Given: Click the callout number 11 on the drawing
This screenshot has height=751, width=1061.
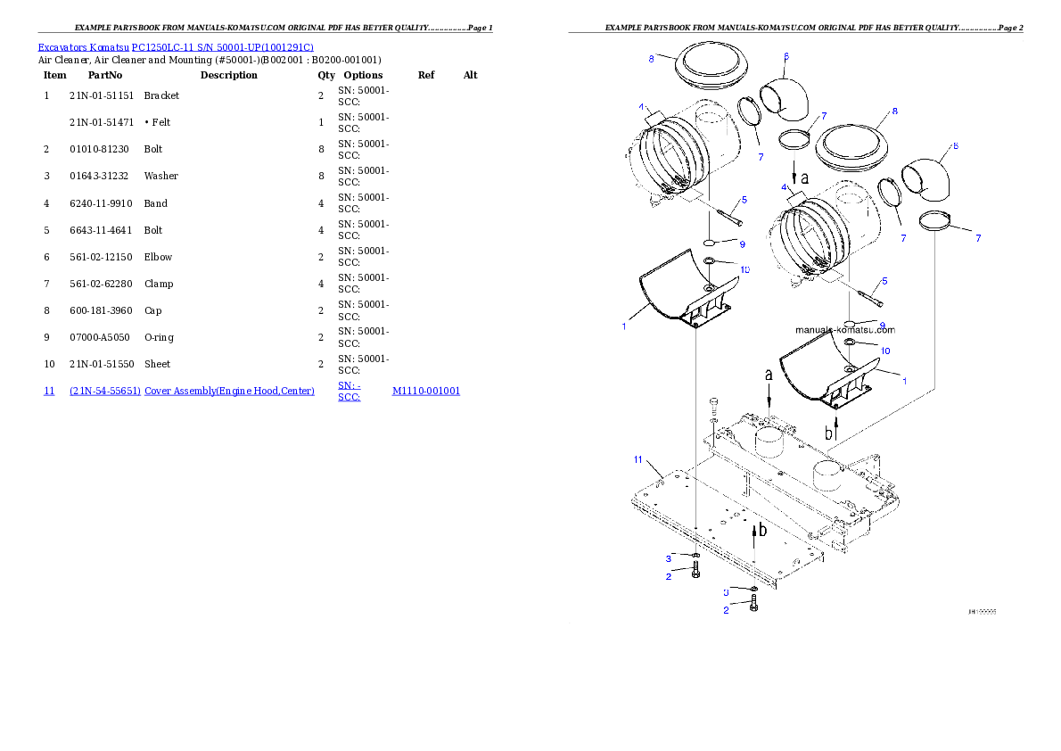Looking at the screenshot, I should click(637, 459).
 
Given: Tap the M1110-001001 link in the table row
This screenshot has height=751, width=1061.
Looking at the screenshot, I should click(426, 391).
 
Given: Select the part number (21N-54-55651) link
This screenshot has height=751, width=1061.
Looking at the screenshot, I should click(105, 391).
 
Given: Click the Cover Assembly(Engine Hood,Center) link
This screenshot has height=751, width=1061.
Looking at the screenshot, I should click(230, 391).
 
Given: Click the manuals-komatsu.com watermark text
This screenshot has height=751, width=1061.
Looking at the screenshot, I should click(845, 329).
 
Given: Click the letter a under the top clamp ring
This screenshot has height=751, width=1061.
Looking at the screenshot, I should click(805, 177).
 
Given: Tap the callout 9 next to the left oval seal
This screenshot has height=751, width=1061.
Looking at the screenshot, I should click(742, 244).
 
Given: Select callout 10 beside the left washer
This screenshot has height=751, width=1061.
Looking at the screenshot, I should click(744, 268).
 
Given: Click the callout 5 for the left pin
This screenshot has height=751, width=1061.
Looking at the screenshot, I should click(744, 200).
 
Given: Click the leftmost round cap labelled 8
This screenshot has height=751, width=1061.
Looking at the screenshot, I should click(703, 67).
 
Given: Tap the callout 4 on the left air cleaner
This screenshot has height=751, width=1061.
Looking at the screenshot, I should click(641, 106).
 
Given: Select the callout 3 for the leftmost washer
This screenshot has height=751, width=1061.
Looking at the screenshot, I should click(668, 558).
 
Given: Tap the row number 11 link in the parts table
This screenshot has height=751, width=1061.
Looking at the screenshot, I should click(49, 391).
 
